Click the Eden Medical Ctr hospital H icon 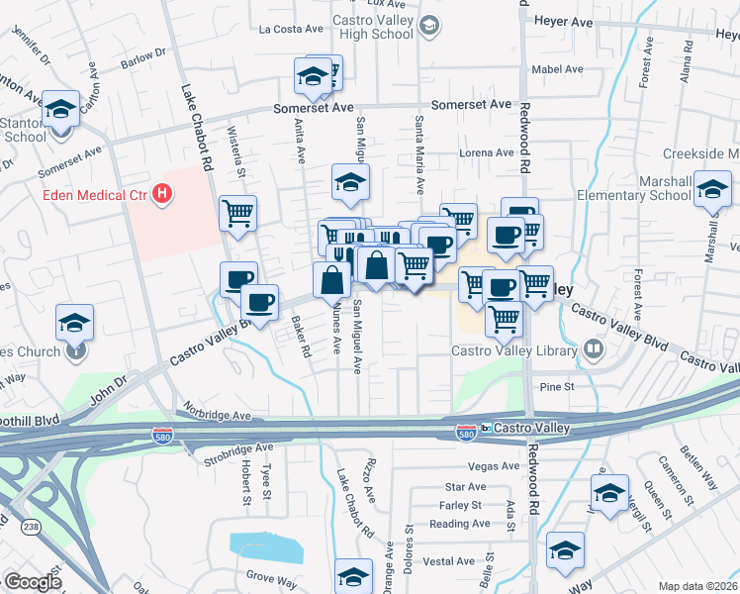[163, 195]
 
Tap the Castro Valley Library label [512, 348]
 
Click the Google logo [33, 582]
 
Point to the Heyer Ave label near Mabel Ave [562, 20]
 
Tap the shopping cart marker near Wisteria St [237, 212]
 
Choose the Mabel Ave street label [557, 69]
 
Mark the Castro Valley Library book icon [593, 347]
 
